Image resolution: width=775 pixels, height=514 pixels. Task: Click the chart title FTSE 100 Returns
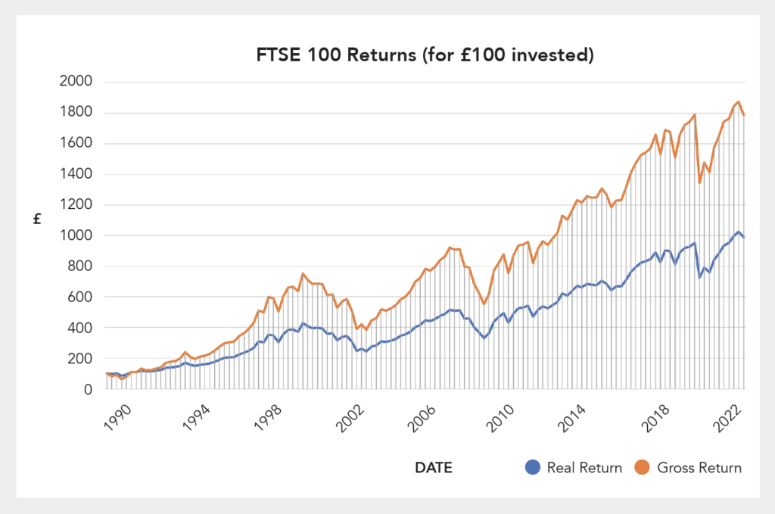424,55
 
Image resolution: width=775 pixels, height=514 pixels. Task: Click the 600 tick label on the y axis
79,297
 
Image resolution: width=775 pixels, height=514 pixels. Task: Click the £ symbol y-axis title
36,220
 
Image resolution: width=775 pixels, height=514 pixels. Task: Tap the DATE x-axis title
434,468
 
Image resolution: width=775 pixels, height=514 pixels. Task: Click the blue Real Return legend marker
532,468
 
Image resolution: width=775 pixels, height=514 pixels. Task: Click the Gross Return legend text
699,468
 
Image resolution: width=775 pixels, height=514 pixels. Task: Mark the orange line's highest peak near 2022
737,101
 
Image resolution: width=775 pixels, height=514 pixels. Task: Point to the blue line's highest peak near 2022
738,232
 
